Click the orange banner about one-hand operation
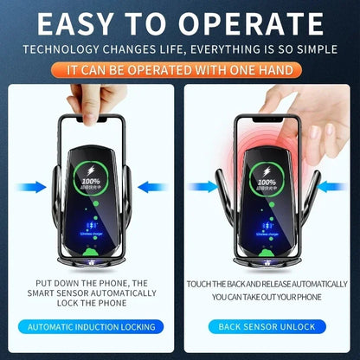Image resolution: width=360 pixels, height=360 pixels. click(x=179, y=67)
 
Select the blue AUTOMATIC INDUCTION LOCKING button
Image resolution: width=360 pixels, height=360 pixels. click(x=92, y=326)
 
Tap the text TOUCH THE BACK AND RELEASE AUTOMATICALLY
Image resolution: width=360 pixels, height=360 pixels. click(x=268, y=283)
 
